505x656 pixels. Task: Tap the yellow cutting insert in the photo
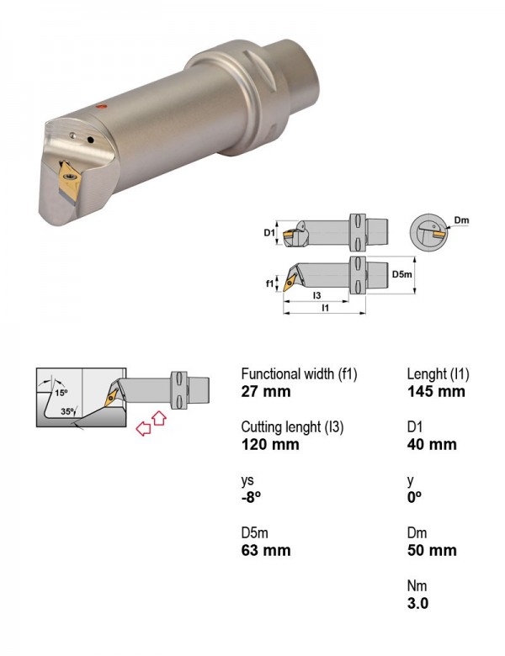(x=69, y=180)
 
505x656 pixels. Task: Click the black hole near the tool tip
(x=90, y=140)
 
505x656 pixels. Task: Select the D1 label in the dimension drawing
(x=268, y=232)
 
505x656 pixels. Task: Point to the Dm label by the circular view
(x=461, y=220)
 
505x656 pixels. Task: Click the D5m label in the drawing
(x=401, y=274)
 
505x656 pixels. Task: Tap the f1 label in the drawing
(x=269, y=283)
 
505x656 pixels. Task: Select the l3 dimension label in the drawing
(x=317, y=295)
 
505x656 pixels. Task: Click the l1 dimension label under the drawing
(x=325, y=308)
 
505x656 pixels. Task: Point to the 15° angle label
(x=61, y=393)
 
